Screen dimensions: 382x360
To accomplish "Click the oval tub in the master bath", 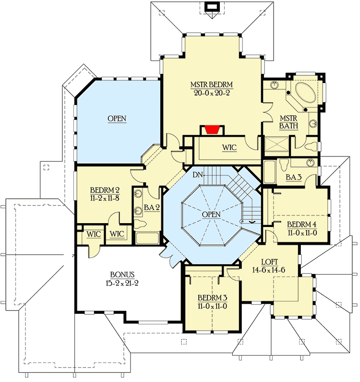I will click(x=304, y=92).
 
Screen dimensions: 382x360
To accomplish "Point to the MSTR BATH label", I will click(x=289, y=121).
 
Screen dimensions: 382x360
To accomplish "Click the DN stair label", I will click(x=197, y=175).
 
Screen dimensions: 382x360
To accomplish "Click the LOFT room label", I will click(x=270, y=262).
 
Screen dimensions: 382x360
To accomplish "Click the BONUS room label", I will click(x=121, y=275).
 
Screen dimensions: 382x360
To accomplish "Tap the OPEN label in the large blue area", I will click(x=117, y=118).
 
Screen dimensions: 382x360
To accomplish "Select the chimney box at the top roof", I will click(x=211, y=7).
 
